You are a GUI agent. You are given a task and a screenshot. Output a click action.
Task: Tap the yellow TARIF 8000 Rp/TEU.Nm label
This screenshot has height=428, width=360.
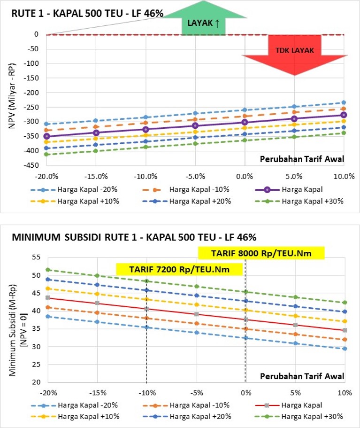[261, 253]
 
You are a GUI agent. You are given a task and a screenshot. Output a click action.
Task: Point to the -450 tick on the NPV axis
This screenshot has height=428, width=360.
[31, 165]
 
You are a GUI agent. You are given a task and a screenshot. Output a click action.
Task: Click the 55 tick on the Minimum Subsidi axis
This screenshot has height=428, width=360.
[35, 257]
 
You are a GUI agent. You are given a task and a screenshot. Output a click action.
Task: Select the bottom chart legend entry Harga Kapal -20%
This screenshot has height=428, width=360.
[84, 405]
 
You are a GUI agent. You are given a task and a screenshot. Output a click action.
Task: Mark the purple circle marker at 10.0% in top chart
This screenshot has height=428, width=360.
[344, 115]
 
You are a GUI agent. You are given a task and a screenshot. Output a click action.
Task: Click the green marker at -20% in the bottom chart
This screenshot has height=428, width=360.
[47, 270]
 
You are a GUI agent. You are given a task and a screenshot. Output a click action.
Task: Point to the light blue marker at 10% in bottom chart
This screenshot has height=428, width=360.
[345, 349]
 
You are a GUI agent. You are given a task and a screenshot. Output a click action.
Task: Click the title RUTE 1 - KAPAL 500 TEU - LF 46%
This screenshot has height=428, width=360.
[87, 14]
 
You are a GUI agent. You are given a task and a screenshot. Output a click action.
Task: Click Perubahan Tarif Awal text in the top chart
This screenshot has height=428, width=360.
[302, 159]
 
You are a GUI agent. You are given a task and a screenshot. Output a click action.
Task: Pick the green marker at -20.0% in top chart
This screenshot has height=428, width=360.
[46, 154]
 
